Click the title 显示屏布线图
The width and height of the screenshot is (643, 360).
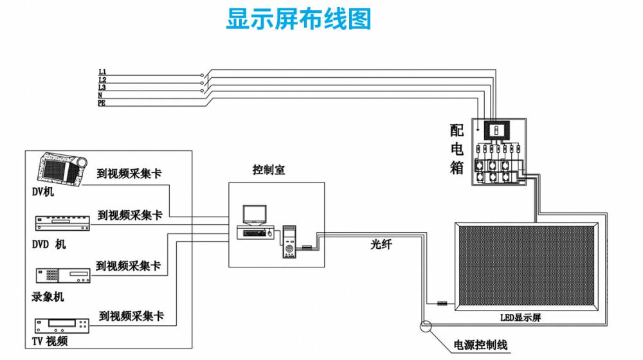tap(298, 19)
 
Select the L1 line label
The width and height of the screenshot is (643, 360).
tap(102, 71)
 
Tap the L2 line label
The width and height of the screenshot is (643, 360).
tap(102, 79)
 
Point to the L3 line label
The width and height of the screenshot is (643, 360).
tap(102, 87)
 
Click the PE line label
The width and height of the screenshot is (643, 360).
tap(102, 102)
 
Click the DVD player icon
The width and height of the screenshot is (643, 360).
tap(62, 223)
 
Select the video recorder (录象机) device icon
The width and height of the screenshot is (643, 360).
tap(62, 275)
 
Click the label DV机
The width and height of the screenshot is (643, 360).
tap(43, 191)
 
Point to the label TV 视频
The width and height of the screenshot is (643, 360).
tap(50, 341)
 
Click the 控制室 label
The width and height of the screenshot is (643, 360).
tap(269, 170)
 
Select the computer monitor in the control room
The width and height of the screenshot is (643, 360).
tap(254, 214)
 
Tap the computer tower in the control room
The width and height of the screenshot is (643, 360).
tap(289, 242)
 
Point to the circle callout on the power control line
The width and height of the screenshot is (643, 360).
tap(425, 326)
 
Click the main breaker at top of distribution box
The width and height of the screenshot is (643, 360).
tap(496, 130)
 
